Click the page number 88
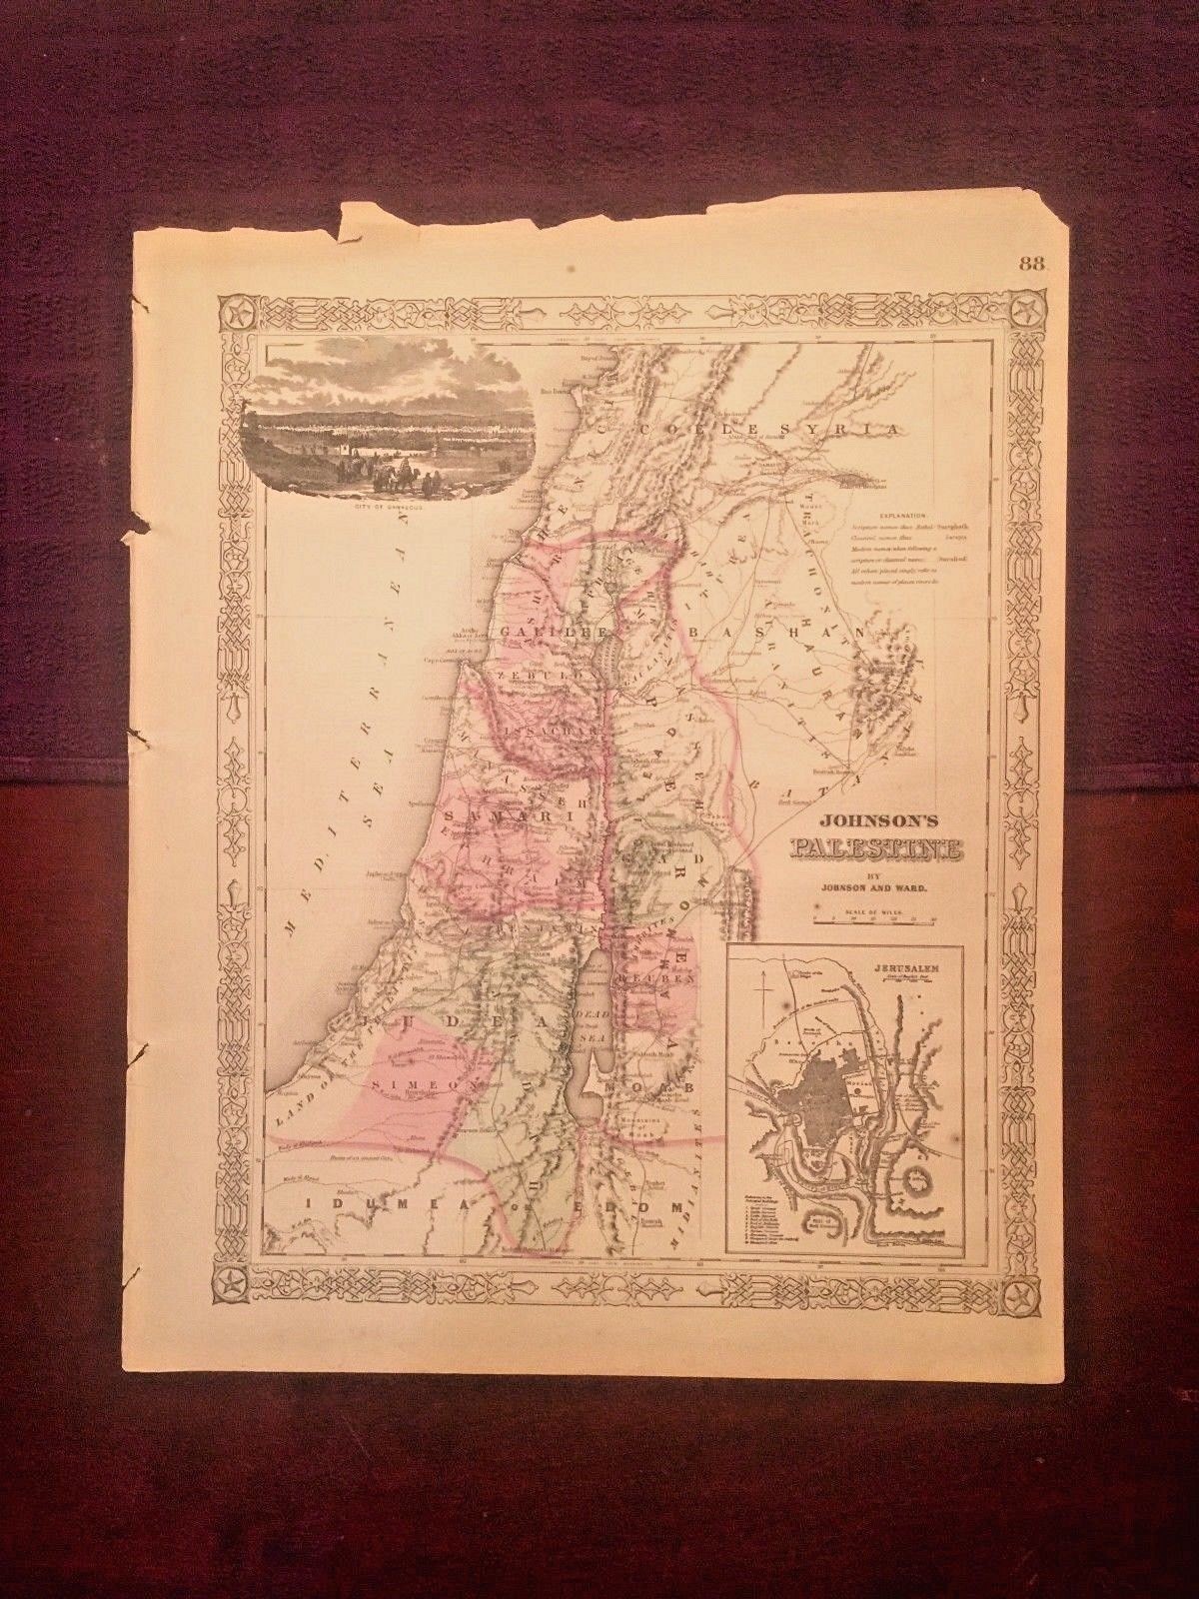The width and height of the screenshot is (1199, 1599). (1032, 264)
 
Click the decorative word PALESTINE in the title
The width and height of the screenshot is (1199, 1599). (876, 850)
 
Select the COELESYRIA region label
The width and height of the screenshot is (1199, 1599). (770, 431)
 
